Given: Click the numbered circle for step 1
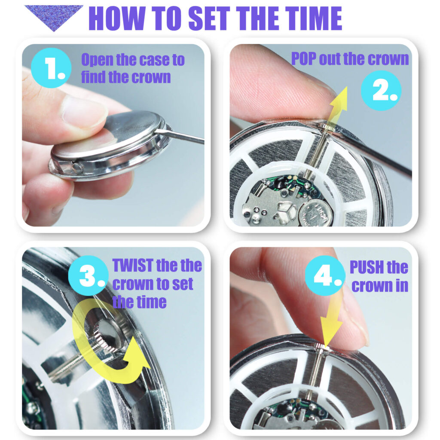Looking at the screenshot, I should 51,68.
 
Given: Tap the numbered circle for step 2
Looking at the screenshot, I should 381,91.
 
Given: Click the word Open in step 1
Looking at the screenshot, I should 97,60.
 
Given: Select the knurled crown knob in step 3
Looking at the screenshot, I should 108,335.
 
